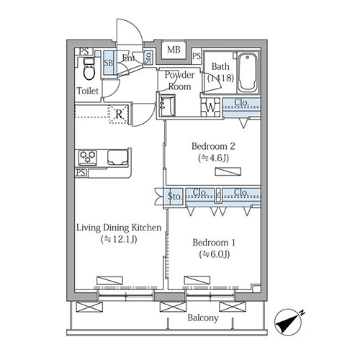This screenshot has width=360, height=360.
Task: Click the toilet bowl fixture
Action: click(x=89, y=69)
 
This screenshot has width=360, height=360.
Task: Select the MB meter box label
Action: click(x=174, y=50)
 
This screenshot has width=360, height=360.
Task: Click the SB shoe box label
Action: click(x=109, y=63)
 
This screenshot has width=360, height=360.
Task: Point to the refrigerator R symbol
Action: click(x=119, y=114)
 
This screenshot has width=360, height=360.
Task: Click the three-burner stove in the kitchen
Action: click(x=88, y=158)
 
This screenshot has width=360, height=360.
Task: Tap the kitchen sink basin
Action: click(x=117, y=157)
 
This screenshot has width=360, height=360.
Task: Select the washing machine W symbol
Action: click(x=210, y=107)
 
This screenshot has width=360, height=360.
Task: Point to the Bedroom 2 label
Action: click(x=213, y=146)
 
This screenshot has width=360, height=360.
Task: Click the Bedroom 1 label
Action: click(x=214, y=243)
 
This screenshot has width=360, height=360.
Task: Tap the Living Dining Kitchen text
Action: click(x=119, y=228)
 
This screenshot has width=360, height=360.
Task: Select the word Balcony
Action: click(x=203, y=318)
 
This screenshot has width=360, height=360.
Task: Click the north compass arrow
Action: click(x=289, y=322)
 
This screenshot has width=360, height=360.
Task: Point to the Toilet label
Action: click(x=88, y=91)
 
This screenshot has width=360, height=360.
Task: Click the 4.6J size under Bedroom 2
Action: click(x=213, y=158)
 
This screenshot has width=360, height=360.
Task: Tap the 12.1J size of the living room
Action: click(x=119, y=240)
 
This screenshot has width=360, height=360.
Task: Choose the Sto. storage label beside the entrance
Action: click(x=148, y=58)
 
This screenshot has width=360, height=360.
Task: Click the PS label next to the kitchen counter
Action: click(x=81, y=173)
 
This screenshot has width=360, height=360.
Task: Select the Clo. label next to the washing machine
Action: click(x=241, y=102)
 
